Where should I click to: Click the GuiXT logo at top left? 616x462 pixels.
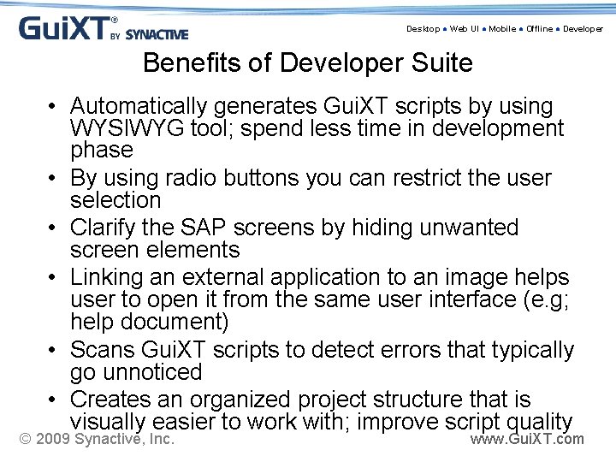[103, 28]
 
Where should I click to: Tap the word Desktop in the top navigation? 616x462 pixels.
[423, 29]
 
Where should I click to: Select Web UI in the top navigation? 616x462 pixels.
[465, 29]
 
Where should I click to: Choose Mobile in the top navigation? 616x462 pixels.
[502, 29]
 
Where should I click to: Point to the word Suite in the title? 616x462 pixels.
[440, 63]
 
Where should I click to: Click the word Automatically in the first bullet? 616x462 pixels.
[139, 107]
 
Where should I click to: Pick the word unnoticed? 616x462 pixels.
[151, 372]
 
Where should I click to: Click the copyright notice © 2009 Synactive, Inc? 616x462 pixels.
[97, 440]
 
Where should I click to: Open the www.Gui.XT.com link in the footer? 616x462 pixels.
[527, 440]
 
